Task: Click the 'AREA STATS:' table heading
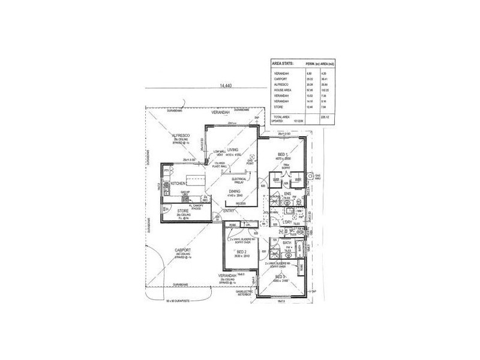pyautogui.click(x=283, y=62)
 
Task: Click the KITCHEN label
pyautogui.click(x=179, y=183)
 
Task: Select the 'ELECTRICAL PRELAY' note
pyautogui.click(x=242, y=179)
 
